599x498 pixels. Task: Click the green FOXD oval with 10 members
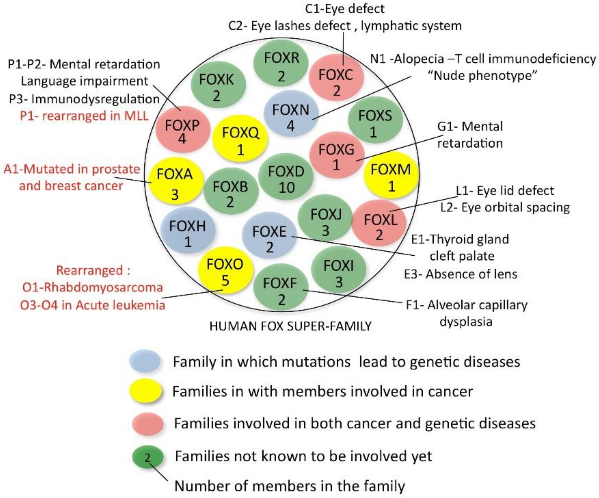(x=286, y=179)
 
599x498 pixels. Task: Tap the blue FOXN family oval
(x=291, y=117)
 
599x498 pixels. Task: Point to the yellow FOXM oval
(x=391, y=177)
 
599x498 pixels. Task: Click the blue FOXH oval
(x=187, y=233)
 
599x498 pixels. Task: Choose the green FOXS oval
(x=375, y=123)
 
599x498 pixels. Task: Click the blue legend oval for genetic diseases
(x=145, y=361)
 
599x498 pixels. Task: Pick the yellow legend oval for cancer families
(x=145, y=391)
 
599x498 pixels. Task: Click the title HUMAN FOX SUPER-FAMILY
(x=290, y=326)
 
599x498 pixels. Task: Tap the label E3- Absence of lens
(x=460, y=274)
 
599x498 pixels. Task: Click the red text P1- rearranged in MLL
(x=84, y=116)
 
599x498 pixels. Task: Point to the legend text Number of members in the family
(x=289, y=486)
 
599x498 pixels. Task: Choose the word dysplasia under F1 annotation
(x=466, y=322)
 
